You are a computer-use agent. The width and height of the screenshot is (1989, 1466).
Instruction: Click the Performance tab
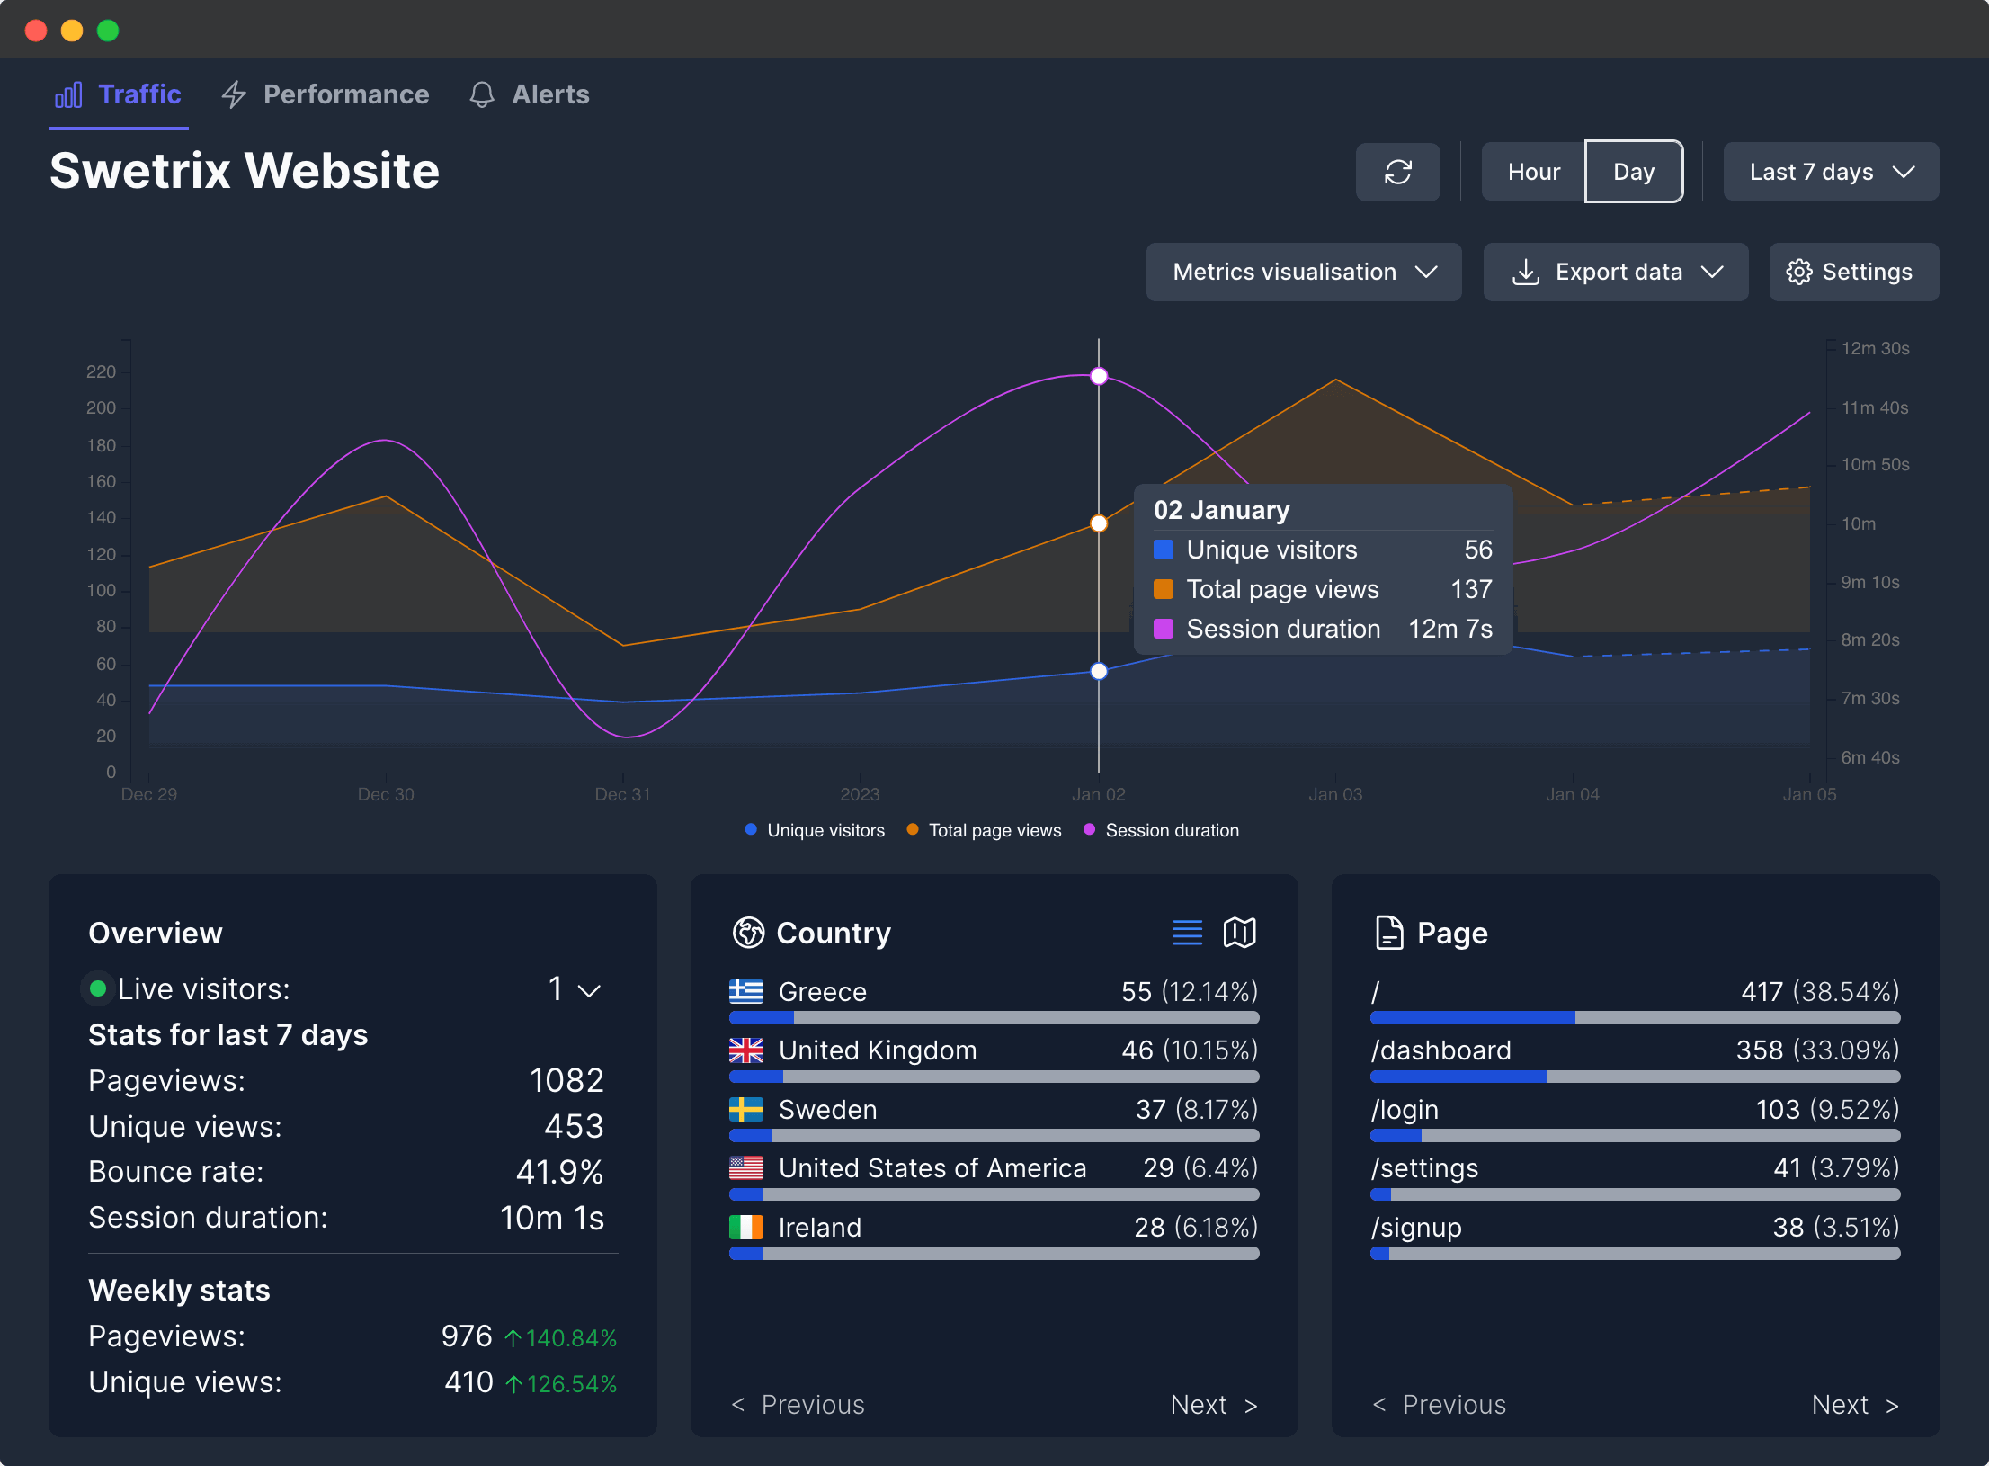click(x=326, y=94)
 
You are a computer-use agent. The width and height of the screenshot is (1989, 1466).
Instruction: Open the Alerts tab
click(x=530, y=94)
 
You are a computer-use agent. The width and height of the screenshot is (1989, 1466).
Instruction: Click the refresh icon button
click(x=1397, y=172)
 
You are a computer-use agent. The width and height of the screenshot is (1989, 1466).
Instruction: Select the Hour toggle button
click(x=1533, y=172)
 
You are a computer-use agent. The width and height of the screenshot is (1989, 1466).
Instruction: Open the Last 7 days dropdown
click(x=1830, y=172)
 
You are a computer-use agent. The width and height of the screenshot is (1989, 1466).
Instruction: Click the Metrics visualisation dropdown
click(x=1303, y=272)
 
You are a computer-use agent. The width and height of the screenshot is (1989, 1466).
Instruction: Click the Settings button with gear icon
click(x=1852, y=272)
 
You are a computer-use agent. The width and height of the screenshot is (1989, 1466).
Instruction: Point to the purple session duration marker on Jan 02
click(x=1099, y=376)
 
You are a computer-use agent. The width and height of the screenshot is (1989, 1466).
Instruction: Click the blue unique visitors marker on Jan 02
click(x=1099, y=671)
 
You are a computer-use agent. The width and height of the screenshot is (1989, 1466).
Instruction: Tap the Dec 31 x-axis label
click(x=622, y=794)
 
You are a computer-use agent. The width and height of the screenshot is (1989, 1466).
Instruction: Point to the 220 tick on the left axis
click(x=101, y=371)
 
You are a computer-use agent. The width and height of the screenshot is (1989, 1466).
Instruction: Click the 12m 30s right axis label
click(x=1875, y=348)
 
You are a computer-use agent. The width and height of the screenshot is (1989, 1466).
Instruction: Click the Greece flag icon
click(x=745, y=991)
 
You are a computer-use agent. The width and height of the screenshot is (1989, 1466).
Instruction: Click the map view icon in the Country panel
click(x=1239, y=933)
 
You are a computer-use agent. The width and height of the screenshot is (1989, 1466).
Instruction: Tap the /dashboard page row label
click(x=1440, y=1050)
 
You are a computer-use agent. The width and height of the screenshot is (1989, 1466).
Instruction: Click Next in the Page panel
click(x=1853, y=1405)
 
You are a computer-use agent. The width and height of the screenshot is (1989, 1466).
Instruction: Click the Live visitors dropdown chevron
click(x=589, y=990)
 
